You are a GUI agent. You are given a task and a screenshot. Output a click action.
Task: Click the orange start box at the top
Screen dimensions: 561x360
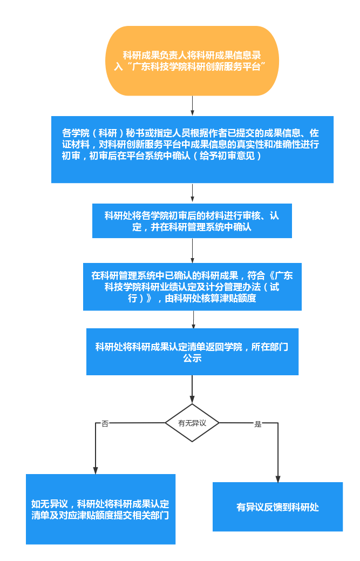pyautogui.click(x=192, y=60)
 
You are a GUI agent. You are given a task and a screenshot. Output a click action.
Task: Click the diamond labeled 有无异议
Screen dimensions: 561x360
pyautogui.click(x=192, y=423)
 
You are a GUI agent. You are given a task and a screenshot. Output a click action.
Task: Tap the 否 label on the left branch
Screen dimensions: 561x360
pyautogui.click(x=105, y=424)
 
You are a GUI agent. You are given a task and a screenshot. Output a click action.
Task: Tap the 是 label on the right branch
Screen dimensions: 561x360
pyautogui.click(x=258, y=424)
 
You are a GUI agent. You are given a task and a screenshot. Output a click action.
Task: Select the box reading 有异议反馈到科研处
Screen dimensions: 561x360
pyautogui.click(x=277, y=507)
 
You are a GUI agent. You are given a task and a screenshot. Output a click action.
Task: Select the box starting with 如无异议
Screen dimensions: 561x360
pyautogui.click(x=100, y=509)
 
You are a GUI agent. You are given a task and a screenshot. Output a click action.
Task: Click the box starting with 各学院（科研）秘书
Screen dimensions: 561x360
pyautogui.click(x=192, y=150)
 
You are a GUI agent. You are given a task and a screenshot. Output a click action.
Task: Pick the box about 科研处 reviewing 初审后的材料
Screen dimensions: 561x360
pyautogui.click(x=192, y=221)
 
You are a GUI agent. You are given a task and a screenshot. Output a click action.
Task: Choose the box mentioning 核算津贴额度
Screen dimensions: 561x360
pyautogui.click(x=192, y=287)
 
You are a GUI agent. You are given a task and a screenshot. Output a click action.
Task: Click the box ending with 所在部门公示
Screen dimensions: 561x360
pyautogui.click(x=192, y=352)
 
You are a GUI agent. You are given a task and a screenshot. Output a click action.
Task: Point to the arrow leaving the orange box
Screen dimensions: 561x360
pyautogui.click(x=192, y=106)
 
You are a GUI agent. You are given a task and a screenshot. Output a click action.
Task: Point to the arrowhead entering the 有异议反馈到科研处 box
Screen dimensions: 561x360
pyautogui.click(x=278, y=478)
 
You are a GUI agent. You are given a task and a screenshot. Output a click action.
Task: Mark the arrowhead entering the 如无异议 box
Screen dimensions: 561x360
pyautogui.click(x=96, y=470)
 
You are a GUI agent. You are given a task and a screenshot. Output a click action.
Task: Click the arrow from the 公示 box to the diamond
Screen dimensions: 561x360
pyautogui.click(x=192, y=389)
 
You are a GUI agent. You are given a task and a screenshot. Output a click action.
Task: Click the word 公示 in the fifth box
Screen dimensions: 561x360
pyautogui.click(x=192, y=358)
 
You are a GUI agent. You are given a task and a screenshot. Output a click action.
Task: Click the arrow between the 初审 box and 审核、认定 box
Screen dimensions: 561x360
pyautogui.click(x=192, y=193)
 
